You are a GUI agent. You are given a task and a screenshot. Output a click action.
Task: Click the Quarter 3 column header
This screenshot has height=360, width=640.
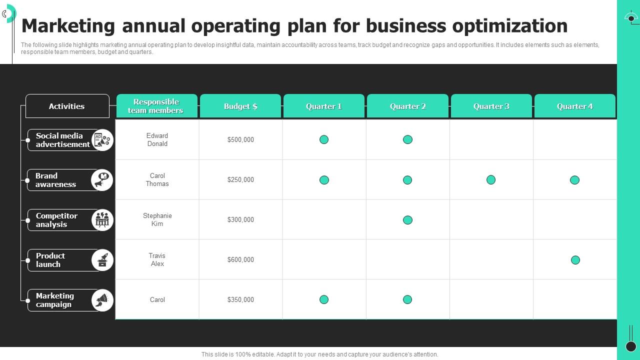pyautogui.click(x=491, y=106)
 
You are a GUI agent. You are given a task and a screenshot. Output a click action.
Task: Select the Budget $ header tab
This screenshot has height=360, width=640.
pyautogui.click(x=240, y=106)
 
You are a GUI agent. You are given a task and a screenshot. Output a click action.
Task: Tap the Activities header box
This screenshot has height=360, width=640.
pyautogui.click(x=67, y=106)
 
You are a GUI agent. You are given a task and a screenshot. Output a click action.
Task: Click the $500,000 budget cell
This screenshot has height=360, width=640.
pyautogui.click(x=240, y=140)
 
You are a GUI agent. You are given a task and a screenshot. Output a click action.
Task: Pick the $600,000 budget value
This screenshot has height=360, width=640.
pyautogui.click(x=240, y=260)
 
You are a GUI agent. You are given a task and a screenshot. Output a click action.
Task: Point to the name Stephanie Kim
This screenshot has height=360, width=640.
pyautogui.click(x=157, y=220)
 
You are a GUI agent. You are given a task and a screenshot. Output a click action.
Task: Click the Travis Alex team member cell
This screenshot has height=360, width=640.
pyautogui.click(x=157, y=260)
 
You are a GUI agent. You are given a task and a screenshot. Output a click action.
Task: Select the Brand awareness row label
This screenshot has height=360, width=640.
pyautogui.click(x=55, y=180)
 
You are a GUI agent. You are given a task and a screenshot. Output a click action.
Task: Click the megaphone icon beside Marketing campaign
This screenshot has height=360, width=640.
pyautogui.click(x=102, y=300)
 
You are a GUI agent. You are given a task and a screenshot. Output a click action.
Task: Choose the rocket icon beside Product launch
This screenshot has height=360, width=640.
pyautogui.click(x=102, y=260)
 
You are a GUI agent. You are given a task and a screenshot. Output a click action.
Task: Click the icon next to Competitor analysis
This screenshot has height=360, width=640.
pyautogui.click(x=102, y=220)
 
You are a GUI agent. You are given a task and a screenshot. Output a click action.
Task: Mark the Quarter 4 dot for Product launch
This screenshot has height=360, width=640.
pyautogui.click(x=575, y=260)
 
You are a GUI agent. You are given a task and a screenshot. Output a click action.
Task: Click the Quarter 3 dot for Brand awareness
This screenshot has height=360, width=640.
pyautogui.click(x=491, y=179)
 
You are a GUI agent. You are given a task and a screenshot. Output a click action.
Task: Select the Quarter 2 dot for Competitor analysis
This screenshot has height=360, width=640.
pyautogui.click(x=407, y=220)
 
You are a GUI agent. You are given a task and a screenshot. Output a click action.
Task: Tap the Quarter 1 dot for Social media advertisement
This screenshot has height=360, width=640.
pyautogui.click(x=324, y=139)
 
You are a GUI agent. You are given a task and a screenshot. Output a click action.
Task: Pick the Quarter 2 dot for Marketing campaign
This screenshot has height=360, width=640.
pyautogui.click(x=407, y=299)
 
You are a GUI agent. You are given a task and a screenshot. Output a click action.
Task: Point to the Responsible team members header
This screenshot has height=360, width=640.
pyautogui.click(x=156, y=106)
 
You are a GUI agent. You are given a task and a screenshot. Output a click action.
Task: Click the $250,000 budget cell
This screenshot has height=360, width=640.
pyautogui.click(x=240, y=180)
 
